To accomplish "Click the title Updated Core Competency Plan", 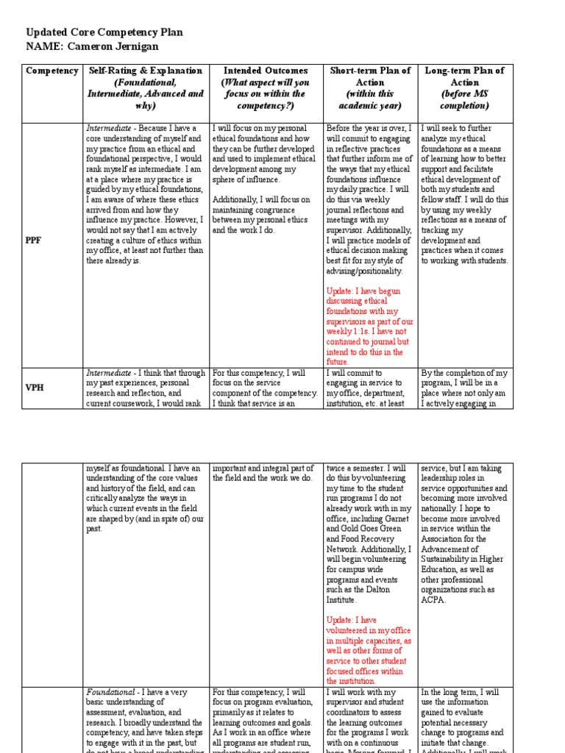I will [104, 32].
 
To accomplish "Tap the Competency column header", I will [51, 71].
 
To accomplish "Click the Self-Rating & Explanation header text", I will [145, 71].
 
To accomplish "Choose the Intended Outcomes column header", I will [264, 71].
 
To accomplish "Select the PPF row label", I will [34, 240].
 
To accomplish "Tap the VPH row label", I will [35, 388].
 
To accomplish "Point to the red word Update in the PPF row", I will [341, 291].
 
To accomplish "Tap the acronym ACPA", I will [434, 600].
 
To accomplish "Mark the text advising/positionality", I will [364, 271].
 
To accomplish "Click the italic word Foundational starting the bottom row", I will [110, 693].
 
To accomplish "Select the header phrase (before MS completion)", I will [465, 100].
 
